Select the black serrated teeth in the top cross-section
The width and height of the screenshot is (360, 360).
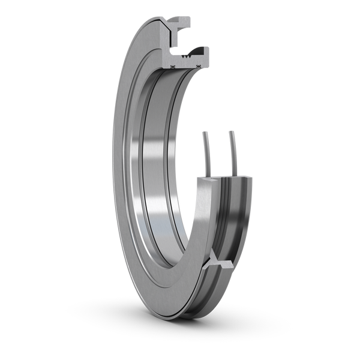[x=191, y=59]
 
